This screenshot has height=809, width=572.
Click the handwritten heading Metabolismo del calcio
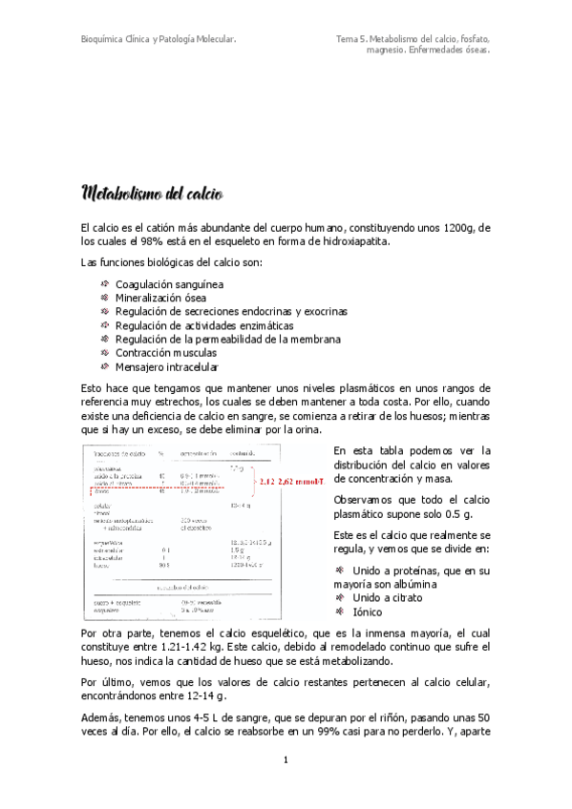[x=153, y=195]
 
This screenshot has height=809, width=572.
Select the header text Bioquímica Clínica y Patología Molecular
[x=159, y=39]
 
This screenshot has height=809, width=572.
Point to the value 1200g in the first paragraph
[x=464, y=228]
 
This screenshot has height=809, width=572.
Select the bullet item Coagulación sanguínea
[x=170, y=284]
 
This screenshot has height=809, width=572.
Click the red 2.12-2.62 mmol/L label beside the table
[x=290, y=482]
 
